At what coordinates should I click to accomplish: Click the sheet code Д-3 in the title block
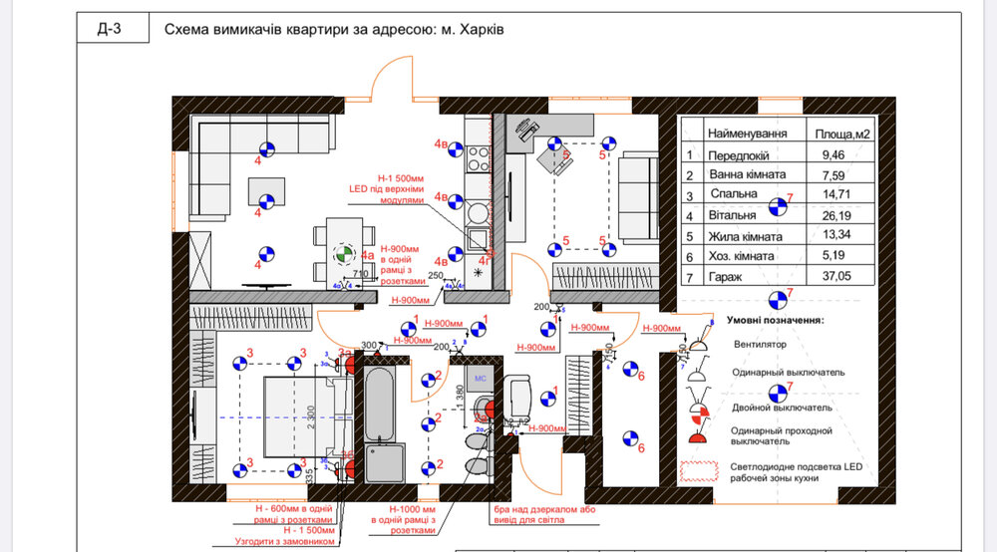110,30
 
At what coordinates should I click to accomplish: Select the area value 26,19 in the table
836,214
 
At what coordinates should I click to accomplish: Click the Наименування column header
747,134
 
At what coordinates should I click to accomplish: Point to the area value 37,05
836,280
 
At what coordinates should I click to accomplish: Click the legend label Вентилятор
760,345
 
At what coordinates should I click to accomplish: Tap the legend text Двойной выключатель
782,408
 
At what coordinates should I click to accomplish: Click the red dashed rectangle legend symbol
700,469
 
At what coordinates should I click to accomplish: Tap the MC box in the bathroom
479,379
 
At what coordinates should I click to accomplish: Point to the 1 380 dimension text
460,396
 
